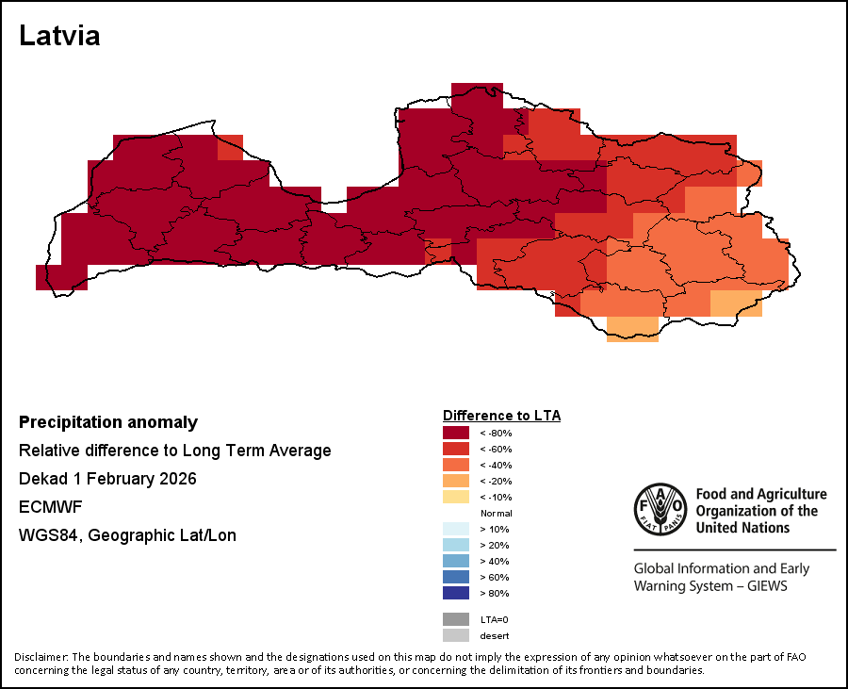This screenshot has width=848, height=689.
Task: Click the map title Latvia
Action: coord(59,37)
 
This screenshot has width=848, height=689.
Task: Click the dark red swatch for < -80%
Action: coord(456,433)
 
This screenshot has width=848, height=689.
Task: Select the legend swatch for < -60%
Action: coord(456,449)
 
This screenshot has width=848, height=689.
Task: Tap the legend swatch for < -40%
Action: coord(456,465)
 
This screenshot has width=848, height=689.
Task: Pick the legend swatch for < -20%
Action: coord(456,481)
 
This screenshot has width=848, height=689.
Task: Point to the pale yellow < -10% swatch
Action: coord(456,497)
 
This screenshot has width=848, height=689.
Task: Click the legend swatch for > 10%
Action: coord(456,529)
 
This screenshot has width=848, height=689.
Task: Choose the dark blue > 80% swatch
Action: coord(456,593)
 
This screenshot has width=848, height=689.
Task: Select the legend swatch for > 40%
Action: coord(456,561)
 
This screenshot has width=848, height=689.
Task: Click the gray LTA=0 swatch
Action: coord(456,619)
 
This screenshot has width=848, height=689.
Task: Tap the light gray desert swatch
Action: coord(456,635)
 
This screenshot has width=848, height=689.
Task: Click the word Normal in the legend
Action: coord(497,513)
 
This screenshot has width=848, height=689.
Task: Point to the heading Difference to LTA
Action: coord(501,416)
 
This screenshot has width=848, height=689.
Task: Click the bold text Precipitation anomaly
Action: coord(108,422)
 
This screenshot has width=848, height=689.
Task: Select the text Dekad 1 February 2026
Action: coord(107,479)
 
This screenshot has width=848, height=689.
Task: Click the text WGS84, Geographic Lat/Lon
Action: coord(127,535)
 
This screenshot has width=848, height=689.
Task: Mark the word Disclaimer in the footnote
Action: coord(41,657)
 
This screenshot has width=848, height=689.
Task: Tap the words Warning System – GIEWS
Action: coord(709,586)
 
